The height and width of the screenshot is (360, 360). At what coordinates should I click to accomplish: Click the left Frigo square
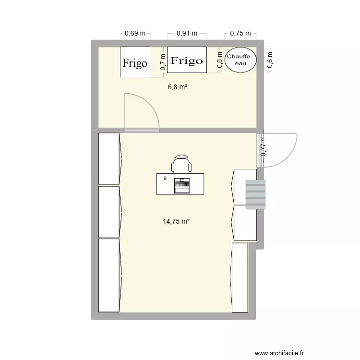pyautogui.click(x=135, y=62)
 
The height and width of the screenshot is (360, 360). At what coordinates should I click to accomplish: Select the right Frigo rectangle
pyautogui.click(x=187, y=60)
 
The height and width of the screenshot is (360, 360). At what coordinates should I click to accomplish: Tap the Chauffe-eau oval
pyautogui.click(x=241, y=60)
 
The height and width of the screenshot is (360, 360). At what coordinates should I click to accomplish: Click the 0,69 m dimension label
pyautogui.click(x=135, y=34)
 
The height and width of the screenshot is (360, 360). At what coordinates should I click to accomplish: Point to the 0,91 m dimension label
pyautogui.click(x=187, y=34)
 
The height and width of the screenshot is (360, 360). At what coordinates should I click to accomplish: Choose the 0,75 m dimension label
pyautogui.click(x=240, y=33)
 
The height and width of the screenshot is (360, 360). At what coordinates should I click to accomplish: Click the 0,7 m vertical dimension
pyautogui.click(x=163, y=62)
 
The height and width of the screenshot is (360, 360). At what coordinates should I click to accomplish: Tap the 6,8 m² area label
pyautogui.click(x=177, y=87)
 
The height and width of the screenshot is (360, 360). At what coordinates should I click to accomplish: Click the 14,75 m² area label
pyautogui.click(x=177, y=221)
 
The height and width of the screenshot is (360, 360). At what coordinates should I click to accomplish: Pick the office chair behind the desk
pyautogui.click(x=182, y=165)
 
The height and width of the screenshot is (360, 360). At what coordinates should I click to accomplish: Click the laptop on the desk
pyautogui.click(x=182, y=185)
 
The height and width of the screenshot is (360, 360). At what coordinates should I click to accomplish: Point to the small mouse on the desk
pyautogui.click(x=165, y=178)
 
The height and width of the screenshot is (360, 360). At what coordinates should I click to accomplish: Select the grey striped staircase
pyautogui.click(x=255, y=195)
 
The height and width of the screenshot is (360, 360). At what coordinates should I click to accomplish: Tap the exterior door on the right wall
pyautogui.click(x=281, y=149)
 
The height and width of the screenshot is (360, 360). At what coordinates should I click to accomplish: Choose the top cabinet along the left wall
pyautogui.click(x=109, y=158)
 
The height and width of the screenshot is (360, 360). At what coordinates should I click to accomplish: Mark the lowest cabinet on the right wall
pyautogui.click(x=240, y=277)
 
